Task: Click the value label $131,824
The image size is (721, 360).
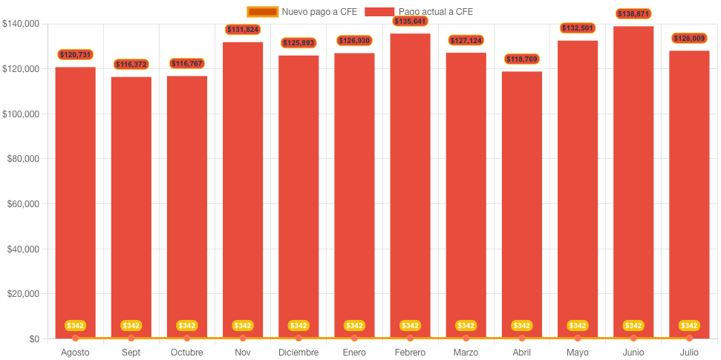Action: click(243, 30)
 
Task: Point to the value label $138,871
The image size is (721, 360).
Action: click(633, 14)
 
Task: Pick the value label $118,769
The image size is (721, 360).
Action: click(521, 59)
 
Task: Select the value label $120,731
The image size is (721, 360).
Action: click(75, 55)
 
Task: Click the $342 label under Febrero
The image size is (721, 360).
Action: click(410, 326)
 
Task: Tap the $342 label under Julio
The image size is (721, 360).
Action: click(689, 326)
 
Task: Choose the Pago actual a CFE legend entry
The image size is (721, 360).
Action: click(419, 12)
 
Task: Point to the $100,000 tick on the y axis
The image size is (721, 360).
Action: click(22, 114)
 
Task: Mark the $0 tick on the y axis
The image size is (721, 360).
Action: click(34, 339)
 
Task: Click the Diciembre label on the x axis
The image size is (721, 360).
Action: click(298, 353)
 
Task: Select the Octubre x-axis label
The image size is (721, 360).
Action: click(186, 353)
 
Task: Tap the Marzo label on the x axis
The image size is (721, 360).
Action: click(466, 353)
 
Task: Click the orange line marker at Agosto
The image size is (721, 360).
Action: click(75, 338)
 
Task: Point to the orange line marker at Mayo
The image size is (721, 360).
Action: click(578, 338)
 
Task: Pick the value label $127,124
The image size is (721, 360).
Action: click(466, 40)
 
